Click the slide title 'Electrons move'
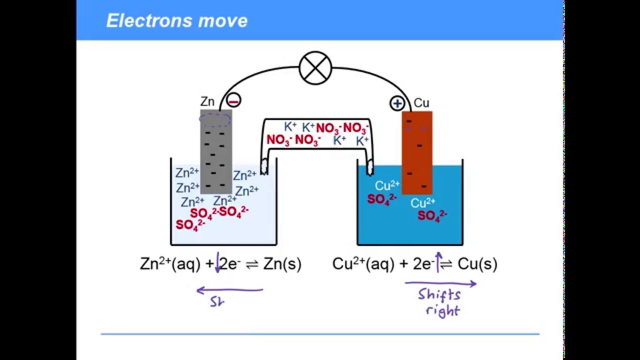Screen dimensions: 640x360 point(177,20)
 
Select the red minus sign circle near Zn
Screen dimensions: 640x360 point(233,100)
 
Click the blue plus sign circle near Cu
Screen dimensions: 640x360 point(397,103)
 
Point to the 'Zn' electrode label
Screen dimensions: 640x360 point(207,102)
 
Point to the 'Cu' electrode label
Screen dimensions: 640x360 point(421,103)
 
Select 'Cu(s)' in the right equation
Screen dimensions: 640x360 point(477,264)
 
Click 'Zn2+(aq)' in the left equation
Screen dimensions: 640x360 point(171,263)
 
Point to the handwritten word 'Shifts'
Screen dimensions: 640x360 point(439,294)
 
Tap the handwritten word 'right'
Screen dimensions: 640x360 point(442,310)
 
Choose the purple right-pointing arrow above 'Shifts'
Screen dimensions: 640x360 point(440,283)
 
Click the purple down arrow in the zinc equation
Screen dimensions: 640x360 point(217,263)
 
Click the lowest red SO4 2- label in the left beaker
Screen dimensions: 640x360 point(190,225)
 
